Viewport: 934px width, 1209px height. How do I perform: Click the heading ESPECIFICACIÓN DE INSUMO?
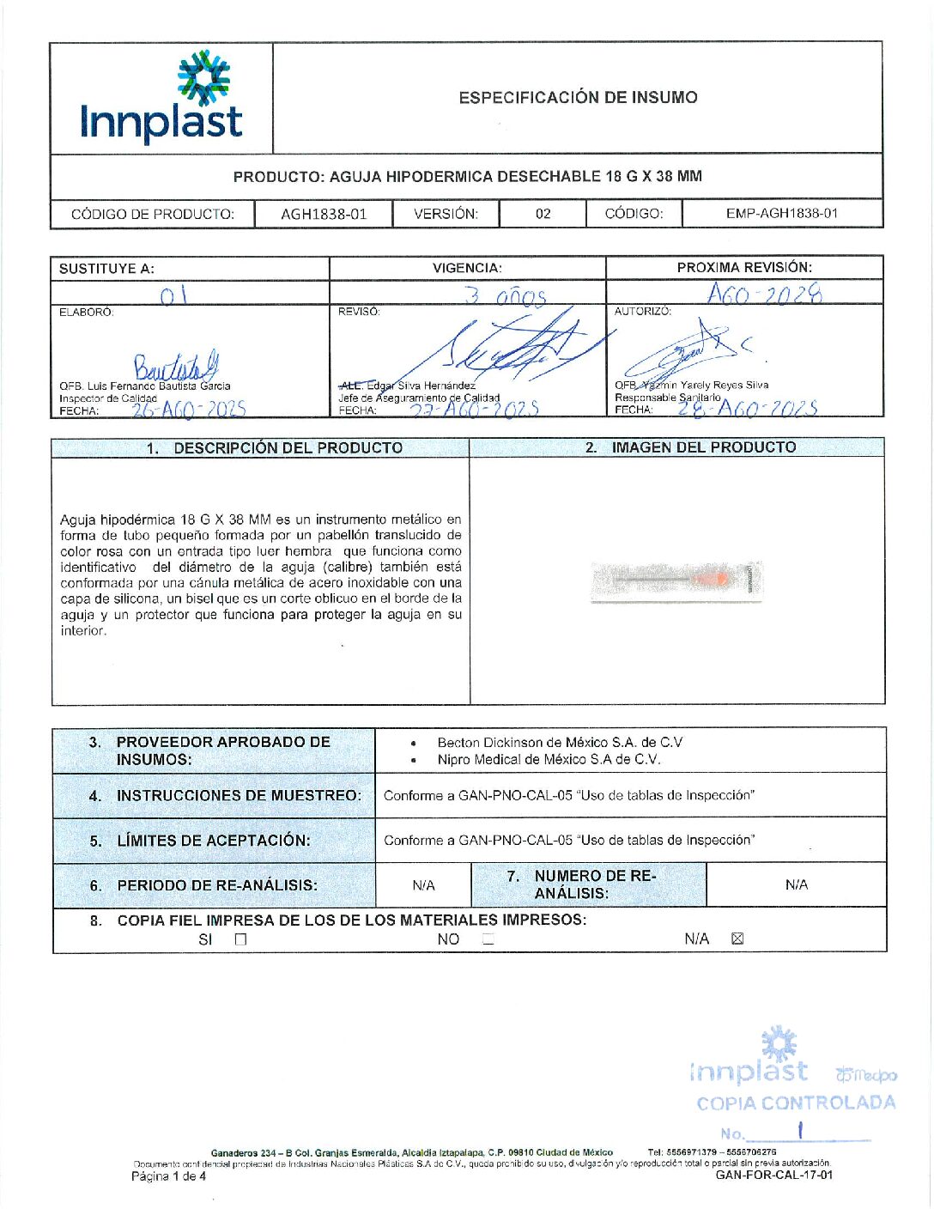(x=578, y=98)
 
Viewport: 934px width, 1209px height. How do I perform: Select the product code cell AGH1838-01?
(x=324, y=214)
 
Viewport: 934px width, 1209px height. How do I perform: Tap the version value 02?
(x=543, y=214)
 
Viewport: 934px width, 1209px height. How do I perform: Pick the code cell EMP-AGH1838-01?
(x=781, y=213)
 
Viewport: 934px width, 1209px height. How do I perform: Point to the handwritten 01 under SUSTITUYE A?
(x=173, y=295)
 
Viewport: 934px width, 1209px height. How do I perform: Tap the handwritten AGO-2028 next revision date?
(x=764, y=295)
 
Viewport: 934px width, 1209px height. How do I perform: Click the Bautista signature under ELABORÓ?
(x=175, y=367)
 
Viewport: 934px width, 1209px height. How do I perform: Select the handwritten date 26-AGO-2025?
(x=189, y=410)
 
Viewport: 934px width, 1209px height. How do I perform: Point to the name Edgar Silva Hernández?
(x=419, y=386)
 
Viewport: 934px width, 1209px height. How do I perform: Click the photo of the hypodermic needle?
(x=676, y=582)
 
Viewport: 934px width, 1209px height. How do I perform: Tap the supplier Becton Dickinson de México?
(x=560, y=742)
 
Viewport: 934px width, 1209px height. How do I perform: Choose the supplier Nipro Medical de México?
(x=549, y=759)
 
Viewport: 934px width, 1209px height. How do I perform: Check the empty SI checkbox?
(x=240, y=939)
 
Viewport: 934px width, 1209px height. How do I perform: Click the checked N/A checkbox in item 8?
(x=737, y=939)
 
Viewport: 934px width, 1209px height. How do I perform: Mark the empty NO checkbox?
(x=488, y=939)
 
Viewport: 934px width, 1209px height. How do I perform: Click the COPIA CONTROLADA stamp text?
(x=796, y=1103)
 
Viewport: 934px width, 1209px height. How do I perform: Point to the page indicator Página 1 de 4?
(x=168, y=1176)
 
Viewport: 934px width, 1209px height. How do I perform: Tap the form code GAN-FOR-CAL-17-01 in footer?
(x=773, y=1175)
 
